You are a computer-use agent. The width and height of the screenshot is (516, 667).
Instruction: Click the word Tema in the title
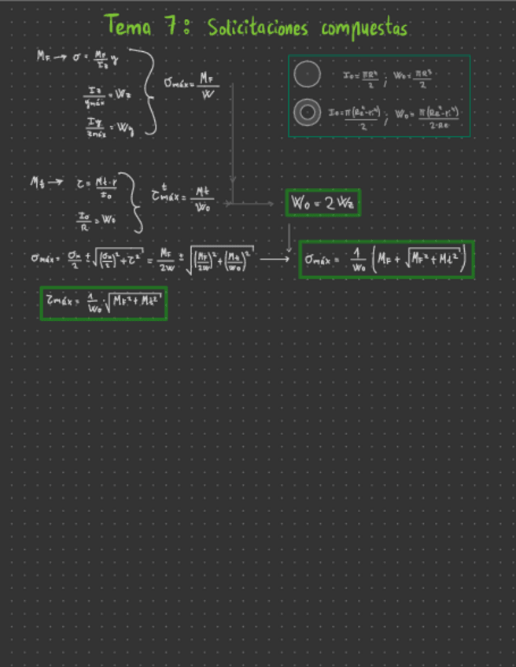(131, 27)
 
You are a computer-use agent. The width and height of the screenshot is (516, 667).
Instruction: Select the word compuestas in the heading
(364, 29)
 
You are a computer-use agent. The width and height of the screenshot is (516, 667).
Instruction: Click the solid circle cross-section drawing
(307, 75)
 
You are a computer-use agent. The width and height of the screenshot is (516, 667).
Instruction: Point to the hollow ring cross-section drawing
(307, 113)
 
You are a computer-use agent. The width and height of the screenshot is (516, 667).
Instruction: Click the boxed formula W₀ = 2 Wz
(323, 203)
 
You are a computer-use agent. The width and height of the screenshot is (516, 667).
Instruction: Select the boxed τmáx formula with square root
(103, 303)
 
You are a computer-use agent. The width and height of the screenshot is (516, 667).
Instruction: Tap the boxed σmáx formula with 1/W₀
(386, 260)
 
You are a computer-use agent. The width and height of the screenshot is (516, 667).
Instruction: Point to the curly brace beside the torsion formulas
(135, 202)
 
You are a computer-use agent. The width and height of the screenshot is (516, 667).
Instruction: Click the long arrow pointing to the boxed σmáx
(275, 258)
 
